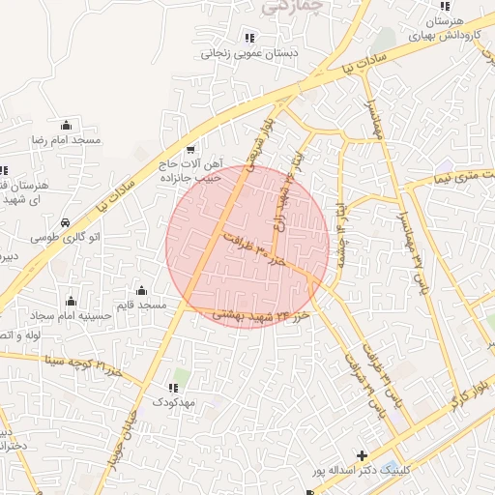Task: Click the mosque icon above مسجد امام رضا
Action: [66, 125]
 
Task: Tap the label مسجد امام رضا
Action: [66, 141]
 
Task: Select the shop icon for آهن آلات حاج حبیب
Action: [190, 150]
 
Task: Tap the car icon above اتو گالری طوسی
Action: [65, 222]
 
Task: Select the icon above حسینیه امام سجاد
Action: [70, 301]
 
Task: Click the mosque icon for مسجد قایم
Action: [142, 291]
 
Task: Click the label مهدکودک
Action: [174, 400]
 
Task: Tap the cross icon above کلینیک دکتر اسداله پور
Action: [362, 454]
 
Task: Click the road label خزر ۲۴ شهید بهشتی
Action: [254, 315]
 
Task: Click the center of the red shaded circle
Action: [247, 247]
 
